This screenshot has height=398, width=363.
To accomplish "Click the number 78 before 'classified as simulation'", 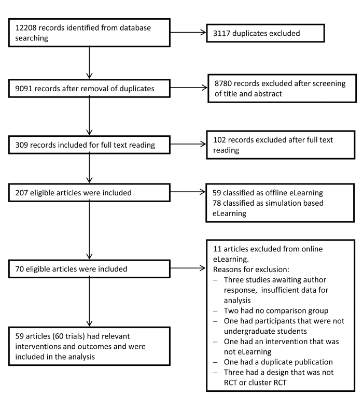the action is [217, 203].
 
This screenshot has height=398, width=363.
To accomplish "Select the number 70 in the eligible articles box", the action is [19, 269].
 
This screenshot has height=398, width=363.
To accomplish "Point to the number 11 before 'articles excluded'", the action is [217, 249].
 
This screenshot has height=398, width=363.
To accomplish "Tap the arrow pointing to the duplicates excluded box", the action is [188, 33].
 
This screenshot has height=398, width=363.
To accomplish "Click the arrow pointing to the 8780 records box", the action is [189, 88].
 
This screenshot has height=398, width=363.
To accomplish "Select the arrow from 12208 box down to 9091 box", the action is [89, 62].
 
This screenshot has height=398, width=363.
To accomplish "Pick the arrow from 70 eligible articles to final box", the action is [89, 302].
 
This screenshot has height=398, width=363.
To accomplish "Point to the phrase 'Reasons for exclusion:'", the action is [251, 269].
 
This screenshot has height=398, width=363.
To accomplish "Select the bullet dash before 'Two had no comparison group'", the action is [215, 311].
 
